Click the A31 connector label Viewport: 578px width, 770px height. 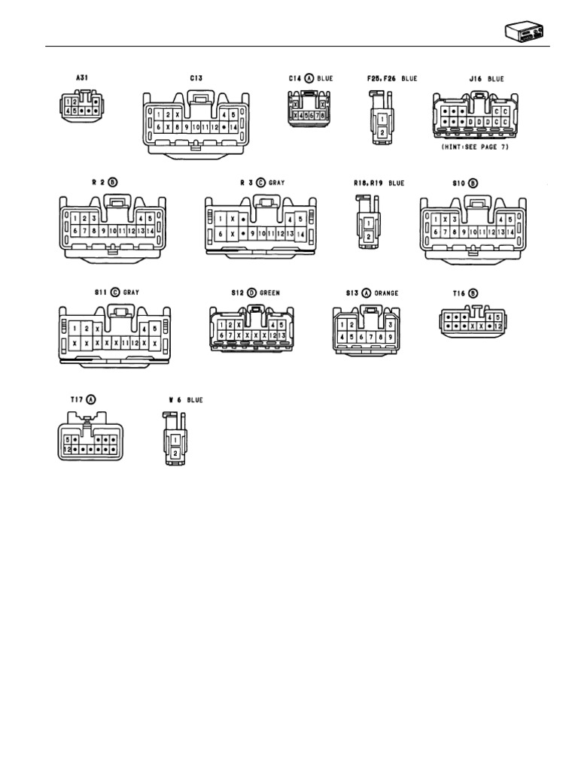81,78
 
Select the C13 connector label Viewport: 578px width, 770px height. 196,78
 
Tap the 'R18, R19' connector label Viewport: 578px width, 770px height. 370,182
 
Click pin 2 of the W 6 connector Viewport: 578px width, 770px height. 175,453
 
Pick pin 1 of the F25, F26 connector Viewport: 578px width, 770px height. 382,119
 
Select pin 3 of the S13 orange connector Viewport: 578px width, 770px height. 391,324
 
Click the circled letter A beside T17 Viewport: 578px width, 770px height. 92,399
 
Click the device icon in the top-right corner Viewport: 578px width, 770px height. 523,32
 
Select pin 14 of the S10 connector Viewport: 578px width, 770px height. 510,232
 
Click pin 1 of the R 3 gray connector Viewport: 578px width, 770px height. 221,219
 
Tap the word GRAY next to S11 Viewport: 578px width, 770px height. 132,293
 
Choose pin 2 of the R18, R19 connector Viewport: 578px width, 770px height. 369,236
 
